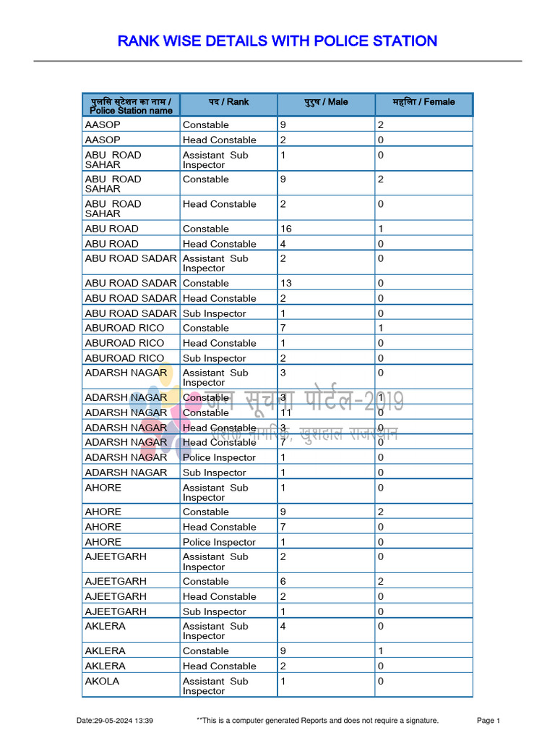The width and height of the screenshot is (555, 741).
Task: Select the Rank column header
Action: point(228,102)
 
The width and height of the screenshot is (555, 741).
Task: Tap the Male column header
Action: point(326,102)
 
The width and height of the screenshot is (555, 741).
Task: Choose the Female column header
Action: point(423,102)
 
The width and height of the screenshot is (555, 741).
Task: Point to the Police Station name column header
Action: point(131,106)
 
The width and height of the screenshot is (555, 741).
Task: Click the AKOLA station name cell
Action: point(102,681)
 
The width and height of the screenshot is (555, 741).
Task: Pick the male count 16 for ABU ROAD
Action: point(286,229)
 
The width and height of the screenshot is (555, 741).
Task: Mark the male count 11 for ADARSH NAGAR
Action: point(286,412)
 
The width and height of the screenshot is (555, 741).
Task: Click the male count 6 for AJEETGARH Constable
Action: point(283,581)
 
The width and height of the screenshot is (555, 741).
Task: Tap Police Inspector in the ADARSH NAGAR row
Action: point(219,457)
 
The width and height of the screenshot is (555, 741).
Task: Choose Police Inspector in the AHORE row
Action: point(219,542)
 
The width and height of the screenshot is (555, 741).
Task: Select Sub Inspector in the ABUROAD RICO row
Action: point(214,358)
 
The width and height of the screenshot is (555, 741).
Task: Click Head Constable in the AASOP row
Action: point(219,140)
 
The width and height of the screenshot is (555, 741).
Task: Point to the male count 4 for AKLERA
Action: point(283,626)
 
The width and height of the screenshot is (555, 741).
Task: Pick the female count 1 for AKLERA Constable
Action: point(380,651)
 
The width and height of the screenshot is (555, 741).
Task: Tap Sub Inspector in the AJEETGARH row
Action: point(214,611)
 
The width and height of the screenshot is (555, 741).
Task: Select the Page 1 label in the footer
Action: point(489,721)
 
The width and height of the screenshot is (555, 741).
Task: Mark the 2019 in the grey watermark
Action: point(386,400)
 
